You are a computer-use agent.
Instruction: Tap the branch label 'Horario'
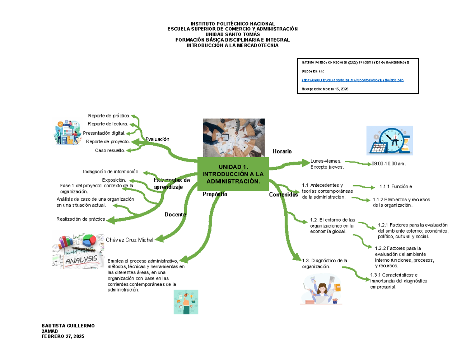282,151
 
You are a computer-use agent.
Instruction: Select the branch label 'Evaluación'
158,139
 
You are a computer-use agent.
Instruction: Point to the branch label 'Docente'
176,214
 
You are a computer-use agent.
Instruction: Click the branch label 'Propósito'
215,194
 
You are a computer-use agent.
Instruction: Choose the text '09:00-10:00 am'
388,164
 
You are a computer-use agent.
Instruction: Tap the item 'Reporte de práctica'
109,115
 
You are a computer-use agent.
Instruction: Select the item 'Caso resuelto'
110,150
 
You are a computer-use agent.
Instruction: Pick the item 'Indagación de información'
111,172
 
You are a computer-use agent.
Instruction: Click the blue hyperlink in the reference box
353,80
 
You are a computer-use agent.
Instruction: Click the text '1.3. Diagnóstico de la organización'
324,263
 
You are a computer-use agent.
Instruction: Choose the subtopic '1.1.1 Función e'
396,187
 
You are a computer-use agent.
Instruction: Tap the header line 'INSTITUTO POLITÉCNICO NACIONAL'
232,24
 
